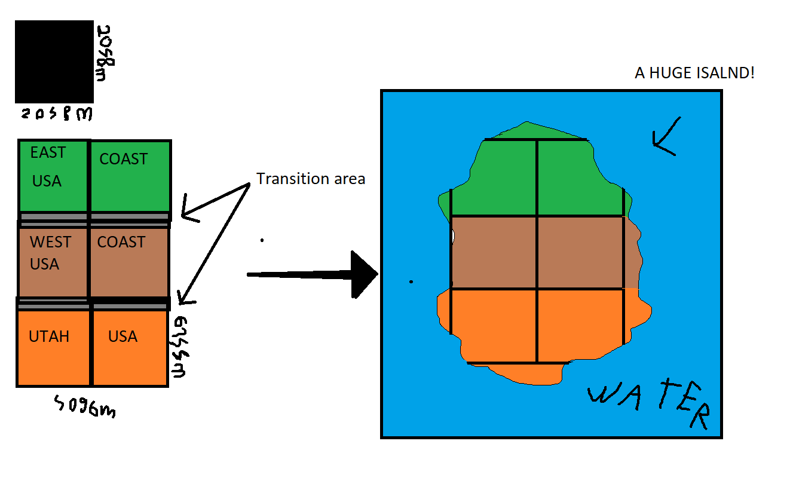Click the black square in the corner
(54, 62)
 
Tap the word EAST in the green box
(48, 153)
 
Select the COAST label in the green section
(123, 159)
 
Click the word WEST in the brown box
(50, 242)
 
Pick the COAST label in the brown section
(121, 242)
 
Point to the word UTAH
(49, 336)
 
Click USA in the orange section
(123, 336)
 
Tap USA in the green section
(47, 180)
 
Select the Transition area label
(311, 179)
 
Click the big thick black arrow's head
(365, 275)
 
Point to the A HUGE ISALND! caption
(694, 74)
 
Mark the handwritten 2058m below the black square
(56, 113)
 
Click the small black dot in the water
(411, 281)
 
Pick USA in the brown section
(44, 264)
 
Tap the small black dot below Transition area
(262, 240)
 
